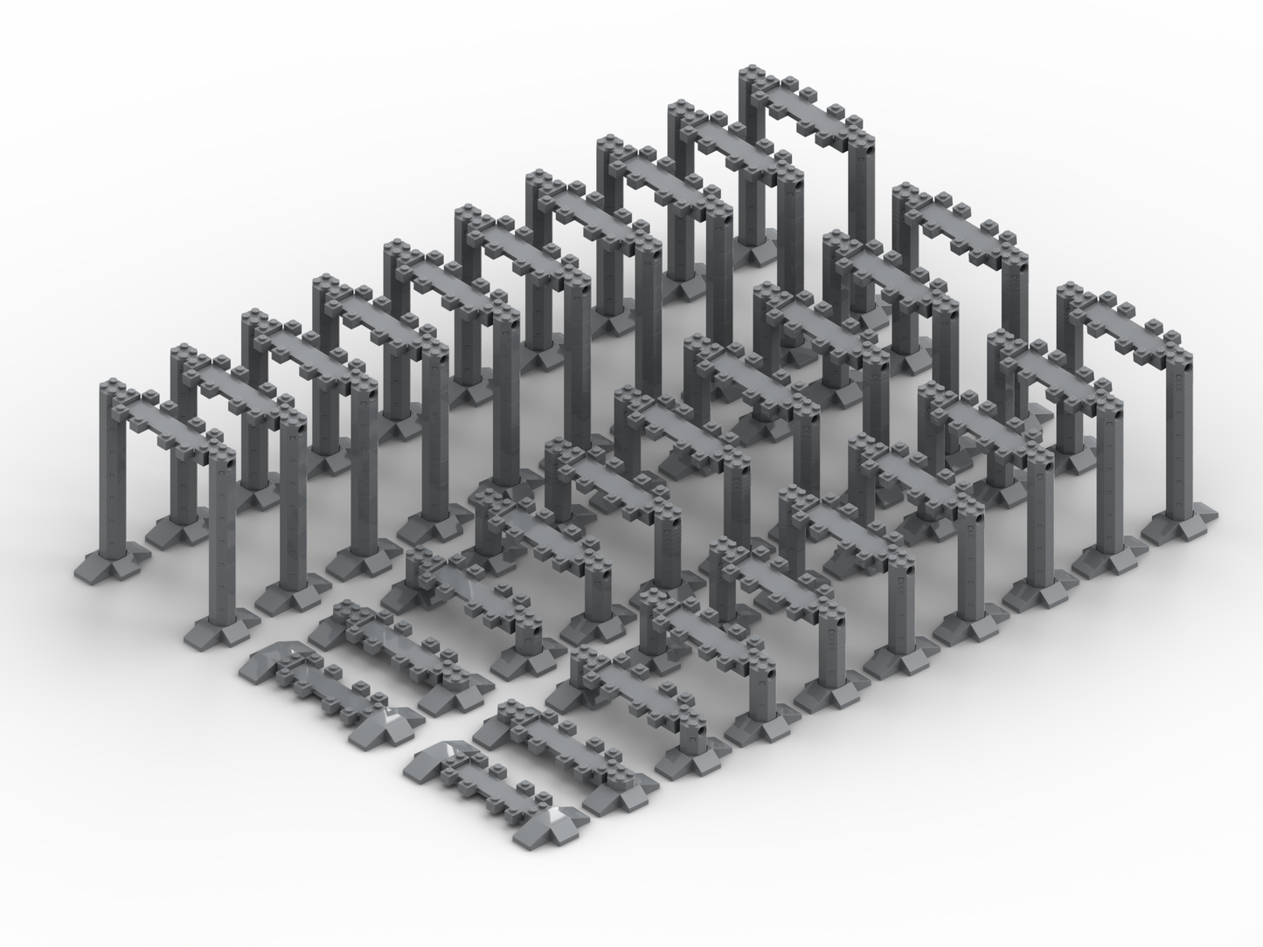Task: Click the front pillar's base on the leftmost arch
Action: tap(220, 626)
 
